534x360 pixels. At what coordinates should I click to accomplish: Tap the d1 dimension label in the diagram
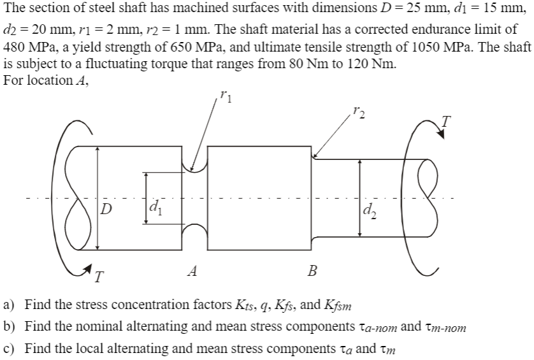154,207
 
